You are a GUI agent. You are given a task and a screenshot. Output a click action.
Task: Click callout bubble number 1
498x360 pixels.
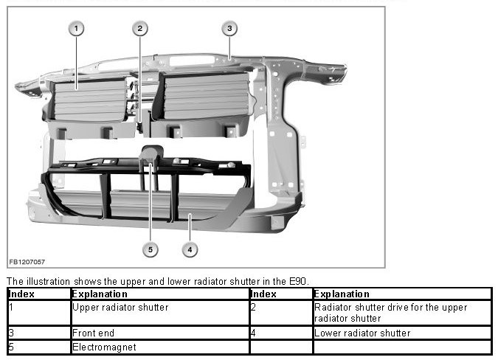click(76, 29)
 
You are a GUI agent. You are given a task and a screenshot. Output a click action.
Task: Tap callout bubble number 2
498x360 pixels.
click(140, 29)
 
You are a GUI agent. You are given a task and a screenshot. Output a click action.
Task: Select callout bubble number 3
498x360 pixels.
click(229, 29)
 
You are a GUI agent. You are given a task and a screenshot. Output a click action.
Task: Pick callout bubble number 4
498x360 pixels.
click(190, 249)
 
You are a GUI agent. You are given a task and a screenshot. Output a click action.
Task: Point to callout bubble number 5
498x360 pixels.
click(151, 249)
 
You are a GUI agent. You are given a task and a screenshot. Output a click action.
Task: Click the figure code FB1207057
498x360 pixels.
click(27, 262)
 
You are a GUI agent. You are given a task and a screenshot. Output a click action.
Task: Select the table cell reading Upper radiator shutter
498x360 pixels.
click(160, 313)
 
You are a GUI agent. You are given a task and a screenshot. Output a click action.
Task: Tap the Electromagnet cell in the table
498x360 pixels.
click(160, 347)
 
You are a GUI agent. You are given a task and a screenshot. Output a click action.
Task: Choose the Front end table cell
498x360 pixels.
click(160, 333)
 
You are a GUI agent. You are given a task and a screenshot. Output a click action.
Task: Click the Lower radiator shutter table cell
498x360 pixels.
click(402, 333)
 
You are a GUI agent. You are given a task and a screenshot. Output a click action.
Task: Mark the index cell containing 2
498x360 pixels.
click(281, 313)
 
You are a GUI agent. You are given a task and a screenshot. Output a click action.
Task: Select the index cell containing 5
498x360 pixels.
click(39, 347)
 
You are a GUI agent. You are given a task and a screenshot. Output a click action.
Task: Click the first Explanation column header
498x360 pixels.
click(160, 294)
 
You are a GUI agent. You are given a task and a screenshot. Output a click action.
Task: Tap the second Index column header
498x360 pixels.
click(281, 294)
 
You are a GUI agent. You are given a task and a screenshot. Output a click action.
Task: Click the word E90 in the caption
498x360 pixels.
click(298, 281)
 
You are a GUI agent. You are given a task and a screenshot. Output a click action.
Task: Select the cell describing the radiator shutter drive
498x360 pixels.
click(402, 313)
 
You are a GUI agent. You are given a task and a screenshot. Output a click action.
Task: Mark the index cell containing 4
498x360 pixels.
click(281, 333)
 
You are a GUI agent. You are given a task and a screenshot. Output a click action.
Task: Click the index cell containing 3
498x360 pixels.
click(39, 333)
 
